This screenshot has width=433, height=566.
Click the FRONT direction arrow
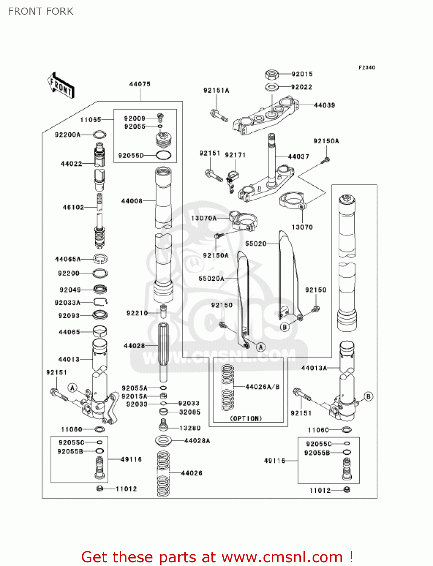pyautogui.click(x=60, y=86)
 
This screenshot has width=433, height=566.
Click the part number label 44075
pyautogui.click(x=140, y=84)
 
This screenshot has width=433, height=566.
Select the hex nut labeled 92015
pyautogui.click(x=272, y=74)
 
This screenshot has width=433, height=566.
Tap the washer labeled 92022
pyautogui.click(x=271, y=87)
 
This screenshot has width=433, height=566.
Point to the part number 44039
pyautogui.click(x=324, y=105)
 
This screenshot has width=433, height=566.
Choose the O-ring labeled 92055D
pyautogui.click(x=163, y=155)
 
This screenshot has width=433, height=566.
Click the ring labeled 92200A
pyautogui.click(x=99, y=135)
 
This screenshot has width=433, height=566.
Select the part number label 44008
pyautogui.click(x=132, y=201)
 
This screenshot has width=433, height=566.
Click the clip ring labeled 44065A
pyautogui.click(x=100, y=259)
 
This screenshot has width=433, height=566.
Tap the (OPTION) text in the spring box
pyautogui.click(x=246, y=418)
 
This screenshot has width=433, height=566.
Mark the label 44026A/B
pyautogui.click(x=262, y=387)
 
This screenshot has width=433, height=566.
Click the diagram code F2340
pyautogui.click(x=367, y=68)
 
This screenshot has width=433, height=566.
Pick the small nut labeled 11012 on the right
pyautogui.click(x=347, y=490)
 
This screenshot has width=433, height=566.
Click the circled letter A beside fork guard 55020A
pyautogui.click(x=260, y=347)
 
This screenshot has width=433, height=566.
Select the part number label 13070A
pyautogui.click(x=204, y=218)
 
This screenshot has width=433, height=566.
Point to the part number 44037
pyautogui.click(x=298, y=157)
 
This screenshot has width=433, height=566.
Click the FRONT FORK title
pyautogui.click(x=40, y=11)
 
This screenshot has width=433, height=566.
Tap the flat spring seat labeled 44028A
pyautogui.click(x=163, y=440)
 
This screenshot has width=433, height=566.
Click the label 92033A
pyautogui.click(x=68, y=303)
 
